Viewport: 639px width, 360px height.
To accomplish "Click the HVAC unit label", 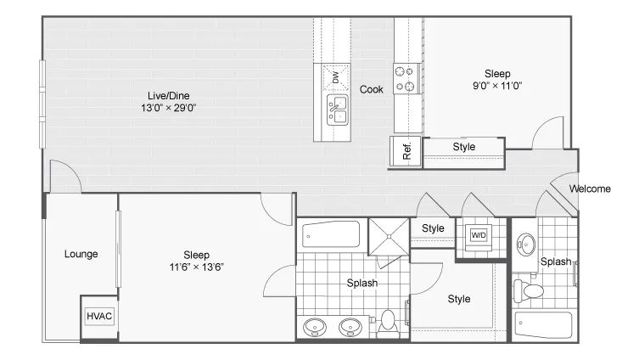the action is [x=99, y=316].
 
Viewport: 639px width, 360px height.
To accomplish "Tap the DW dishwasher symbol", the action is [x=336, y=77].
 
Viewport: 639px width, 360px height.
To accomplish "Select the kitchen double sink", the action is [x=338, y=110].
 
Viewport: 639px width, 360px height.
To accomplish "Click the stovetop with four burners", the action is [x=406, y=79].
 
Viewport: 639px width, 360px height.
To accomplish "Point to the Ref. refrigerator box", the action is [x=406, y=151].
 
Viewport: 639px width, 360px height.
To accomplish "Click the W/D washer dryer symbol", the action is [x=479, y=235].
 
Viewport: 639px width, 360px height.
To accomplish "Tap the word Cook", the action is [x=371, y=89].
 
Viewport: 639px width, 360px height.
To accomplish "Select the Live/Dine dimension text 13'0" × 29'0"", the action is [x=169, y=108].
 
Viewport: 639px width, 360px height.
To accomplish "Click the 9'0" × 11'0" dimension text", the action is [x=497, y=86].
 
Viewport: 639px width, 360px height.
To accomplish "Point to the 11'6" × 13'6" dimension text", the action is [x=196, y=267].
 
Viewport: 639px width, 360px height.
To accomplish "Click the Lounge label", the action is [x=81, y=254].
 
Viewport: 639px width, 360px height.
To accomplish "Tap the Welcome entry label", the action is [x=590, y=188].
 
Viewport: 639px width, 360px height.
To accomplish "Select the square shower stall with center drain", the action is [x=389, y=237].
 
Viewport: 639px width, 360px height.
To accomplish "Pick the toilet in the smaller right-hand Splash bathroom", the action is [x=529, y=290].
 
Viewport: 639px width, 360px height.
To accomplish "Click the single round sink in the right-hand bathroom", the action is [x=526, y=245].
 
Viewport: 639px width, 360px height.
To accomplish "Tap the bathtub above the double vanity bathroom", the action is [x=331, y=234].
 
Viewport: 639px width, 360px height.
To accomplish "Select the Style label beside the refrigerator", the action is [x=464, y=147].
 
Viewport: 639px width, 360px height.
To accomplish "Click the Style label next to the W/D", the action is [x=433, y=228].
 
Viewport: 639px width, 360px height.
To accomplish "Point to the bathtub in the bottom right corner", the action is [x=543, y=325].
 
